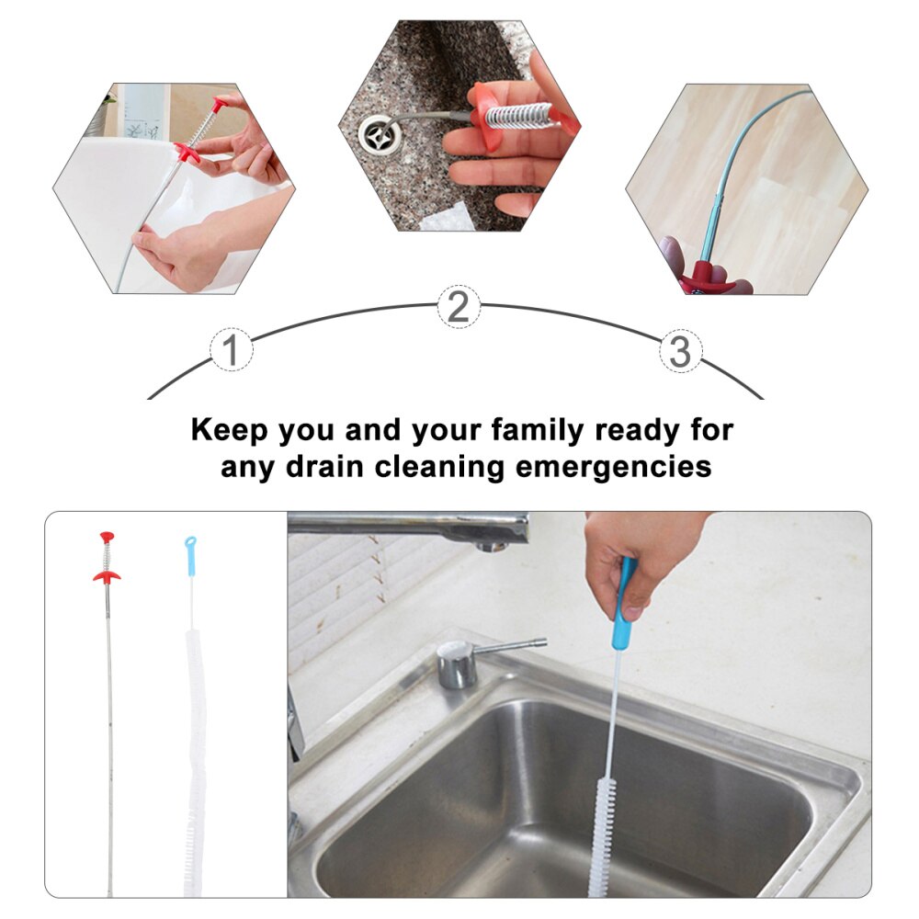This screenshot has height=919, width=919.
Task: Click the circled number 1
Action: pos(232,351)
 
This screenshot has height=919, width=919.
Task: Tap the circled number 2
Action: pos(458,306)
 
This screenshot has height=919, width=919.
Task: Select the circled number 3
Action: pos(680,351)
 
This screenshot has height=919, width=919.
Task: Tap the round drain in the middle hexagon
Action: pos(379,135)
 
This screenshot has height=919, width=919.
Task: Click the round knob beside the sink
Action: pos(456,664)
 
